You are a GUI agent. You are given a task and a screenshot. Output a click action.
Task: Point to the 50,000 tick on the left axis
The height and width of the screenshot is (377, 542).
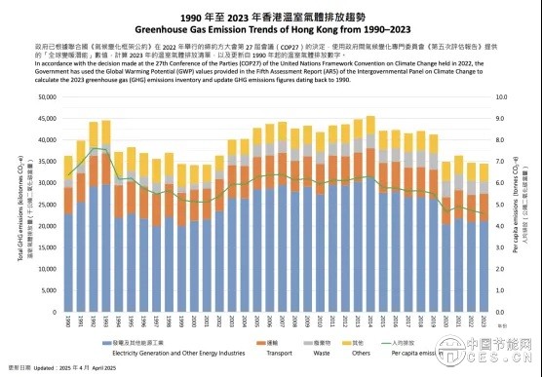(45, 97)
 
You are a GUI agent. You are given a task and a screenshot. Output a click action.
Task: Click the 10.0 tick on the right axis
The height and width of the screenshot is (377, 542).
(500, 97)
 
